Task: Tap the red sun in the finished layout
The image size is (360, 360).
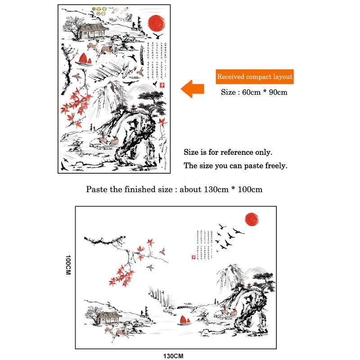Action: point(253,219)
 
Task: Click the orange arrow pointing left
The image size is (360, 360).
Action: point(192,89)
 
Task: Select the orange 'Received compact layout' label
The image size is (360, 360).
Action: point(255,77)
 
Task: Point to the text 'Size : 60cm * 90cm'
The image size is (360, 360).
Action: point(254,92)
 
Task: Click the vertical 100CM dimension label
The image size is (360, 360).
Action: point(69,266)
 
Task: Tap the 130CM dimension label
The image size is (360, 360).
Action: point(173,355)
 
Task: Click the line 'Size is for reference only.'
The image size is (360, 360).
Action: point(228,153)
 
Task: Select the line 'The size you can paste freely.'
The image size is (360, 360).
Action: point(235,166)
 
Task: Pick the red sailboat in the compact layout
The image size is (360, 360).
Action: point(84,59)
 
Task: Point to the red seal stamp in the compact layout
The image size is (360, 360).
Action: point(162,84)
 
